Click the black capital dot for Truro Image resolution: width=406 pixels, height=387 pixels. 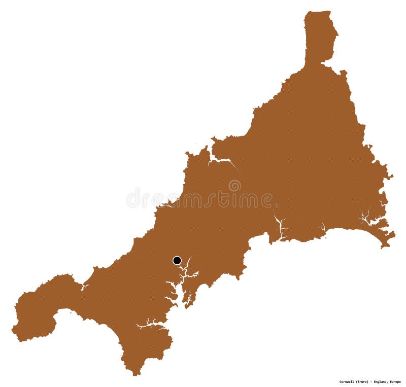coord(177,260)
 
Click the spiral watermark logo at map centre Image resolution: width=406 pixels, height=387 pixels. coord(234,186)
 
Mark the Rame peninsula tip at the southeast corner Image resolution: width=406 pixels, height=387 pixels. coord(386,246)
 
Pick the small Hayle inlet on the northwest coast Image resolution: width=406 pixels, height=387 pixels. coord(84,287)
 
